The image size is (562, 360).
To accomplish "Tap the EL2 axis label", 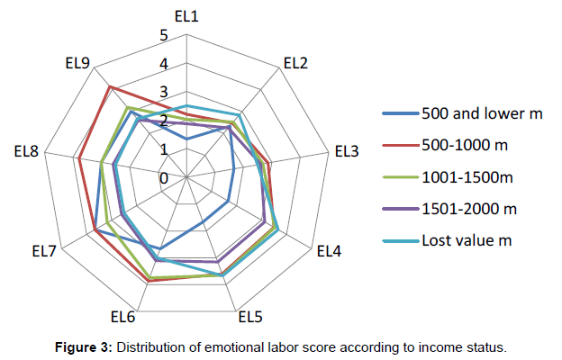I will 295,63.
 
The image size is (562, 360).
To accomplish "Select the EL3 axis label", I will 347,152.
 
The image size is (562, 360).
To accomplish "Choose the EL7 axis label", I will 44,251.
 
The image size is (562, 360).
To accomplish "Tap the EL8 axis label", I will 26,152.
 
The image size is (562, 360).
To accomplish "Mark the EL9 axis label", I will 77,63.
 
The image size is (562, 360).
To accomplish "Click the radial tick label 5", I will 164,36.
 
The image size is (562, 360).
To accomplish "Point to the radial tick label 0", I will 164,178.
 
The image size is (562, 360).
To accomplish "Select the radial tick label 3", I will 164,93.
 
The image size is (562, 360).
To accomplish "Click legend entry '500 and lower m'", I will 481,113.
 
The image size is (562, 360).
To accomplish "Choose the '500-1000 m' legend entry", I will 468,145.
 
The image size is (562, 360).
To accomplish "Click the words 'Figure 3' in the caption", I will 83,346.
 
